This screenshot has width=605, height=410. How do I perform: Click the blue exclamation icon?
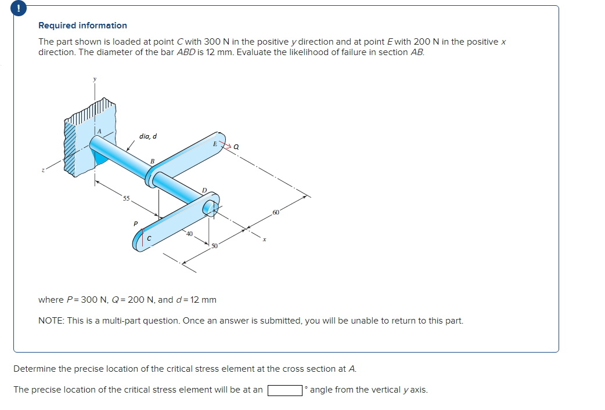click(6, 8)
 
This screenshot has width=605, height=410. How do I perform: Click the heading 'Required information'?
click(82, 26)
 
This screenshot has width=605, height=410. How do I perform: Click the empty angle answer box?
click(285, 390)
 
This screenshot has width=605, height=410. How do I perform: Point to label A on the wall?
click(99, 132)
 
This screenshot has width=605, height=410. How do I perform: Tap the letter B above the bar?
click(152, 161)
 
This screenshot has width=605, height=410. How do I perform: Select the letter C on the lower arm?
click(149, 237)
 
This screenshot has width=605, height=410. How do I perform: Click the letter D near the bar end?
click(204, 190)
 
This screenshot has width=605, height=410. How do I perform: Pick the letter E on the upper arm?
click(215, 143)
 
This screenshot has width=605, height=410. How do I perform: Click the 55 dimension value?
click(125, 198)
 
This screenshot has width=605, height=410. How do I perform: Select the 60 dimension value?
click(275, 214)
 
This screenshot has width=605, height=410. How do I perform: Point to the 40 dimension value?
click(189, 234)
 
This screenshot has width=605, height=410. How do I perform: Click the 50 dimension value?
click(214, 246)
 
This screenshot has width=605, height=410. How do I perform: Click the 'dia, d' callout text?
click(147, 136)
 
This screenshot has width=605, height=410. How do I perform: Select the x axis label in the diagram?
click(264, 238)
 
